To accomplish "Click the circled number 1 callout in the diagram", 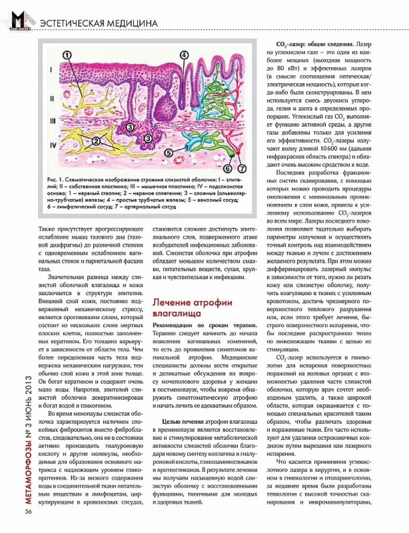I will pyautogui.click(x=68, y=54).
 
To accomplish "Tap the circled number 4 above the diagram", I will pyautogui.click(x=184, y=55).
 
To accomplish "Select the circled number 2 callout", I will pyautogui.click(x=96, y=141).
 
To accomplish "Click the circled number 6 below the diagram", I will pyautogui.click(x=227, y=169).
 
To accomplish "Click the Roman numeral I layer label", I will pyautogui.click(x=51, y=69).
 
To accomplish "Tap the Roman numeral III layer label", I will pyautogui.click(x=52, y=121).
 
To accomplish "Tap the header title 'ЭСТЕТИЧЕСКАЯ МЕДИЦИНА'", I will pyautogui.click(x=98, y=23).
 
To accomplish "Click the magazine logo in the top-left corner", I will pyautogui.click(x=19, y=20).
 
